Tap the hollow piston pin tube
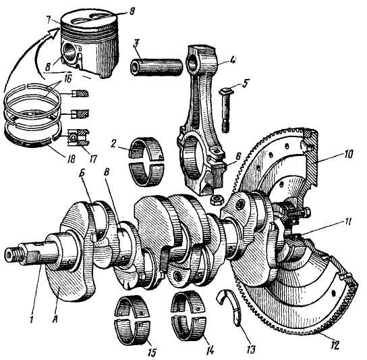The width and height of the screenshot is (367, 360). pyautogui.click(x=157, y=67)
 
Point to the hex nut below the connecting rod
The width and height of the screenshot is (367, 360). pyautogui.click(x=217, y=200)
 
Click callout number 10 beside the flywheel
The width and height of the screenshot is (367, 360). pyautogui.click(x=348, y=155)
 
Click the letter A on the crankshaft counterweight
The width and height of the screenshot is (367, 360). pyautogui.click(x=56, y=318)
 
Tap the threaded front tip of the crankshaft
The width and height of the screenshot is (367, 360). pyautogui.click(x=13, y=255)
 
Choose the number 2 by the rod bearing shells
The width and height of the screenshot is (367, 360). pyautogui.click(x=113, y=144)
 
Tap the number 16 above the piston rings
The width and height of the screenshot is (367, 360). pyautogui.click(x=67, y=78)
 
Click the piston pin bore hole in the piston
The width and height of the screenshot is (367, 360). pyautogui.click(x=70, y=51)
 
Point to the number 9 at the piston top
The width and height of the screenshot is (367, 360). pyautogui.click(x=132, y=11)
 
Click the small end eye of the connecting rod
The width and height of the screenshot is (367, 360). pyautogui.click(x=194, y=61)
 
